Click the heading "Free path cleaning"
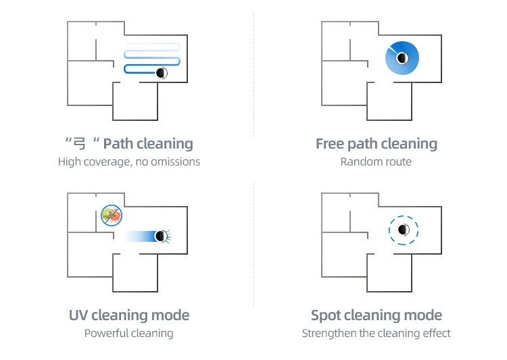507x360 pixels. click(377, 144)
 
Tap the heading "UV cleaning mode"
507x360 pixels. click(129, 315)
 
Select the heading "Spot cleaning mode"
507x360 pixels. click(377, 315)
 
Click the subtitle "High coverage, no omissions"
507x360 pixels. click(129, 161)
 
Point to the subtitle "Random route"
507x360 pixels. click(376, 161)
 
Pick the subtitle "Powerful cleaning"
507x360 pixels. click(129, 333)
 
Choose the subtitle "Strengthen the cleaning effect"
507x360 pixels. click(376, 333)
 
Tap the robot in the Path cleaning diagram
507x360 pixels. click(161, 72)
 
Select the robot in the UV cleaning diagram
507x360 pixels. click(161, 236)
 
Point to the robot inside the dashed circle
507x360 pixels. click(404, 230)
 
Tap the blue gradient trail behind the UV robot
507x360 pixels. click(139, 236)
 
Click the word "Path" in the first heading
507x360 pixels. click(118, 144)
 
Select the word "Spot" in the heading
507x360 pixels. click(327, 315)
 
